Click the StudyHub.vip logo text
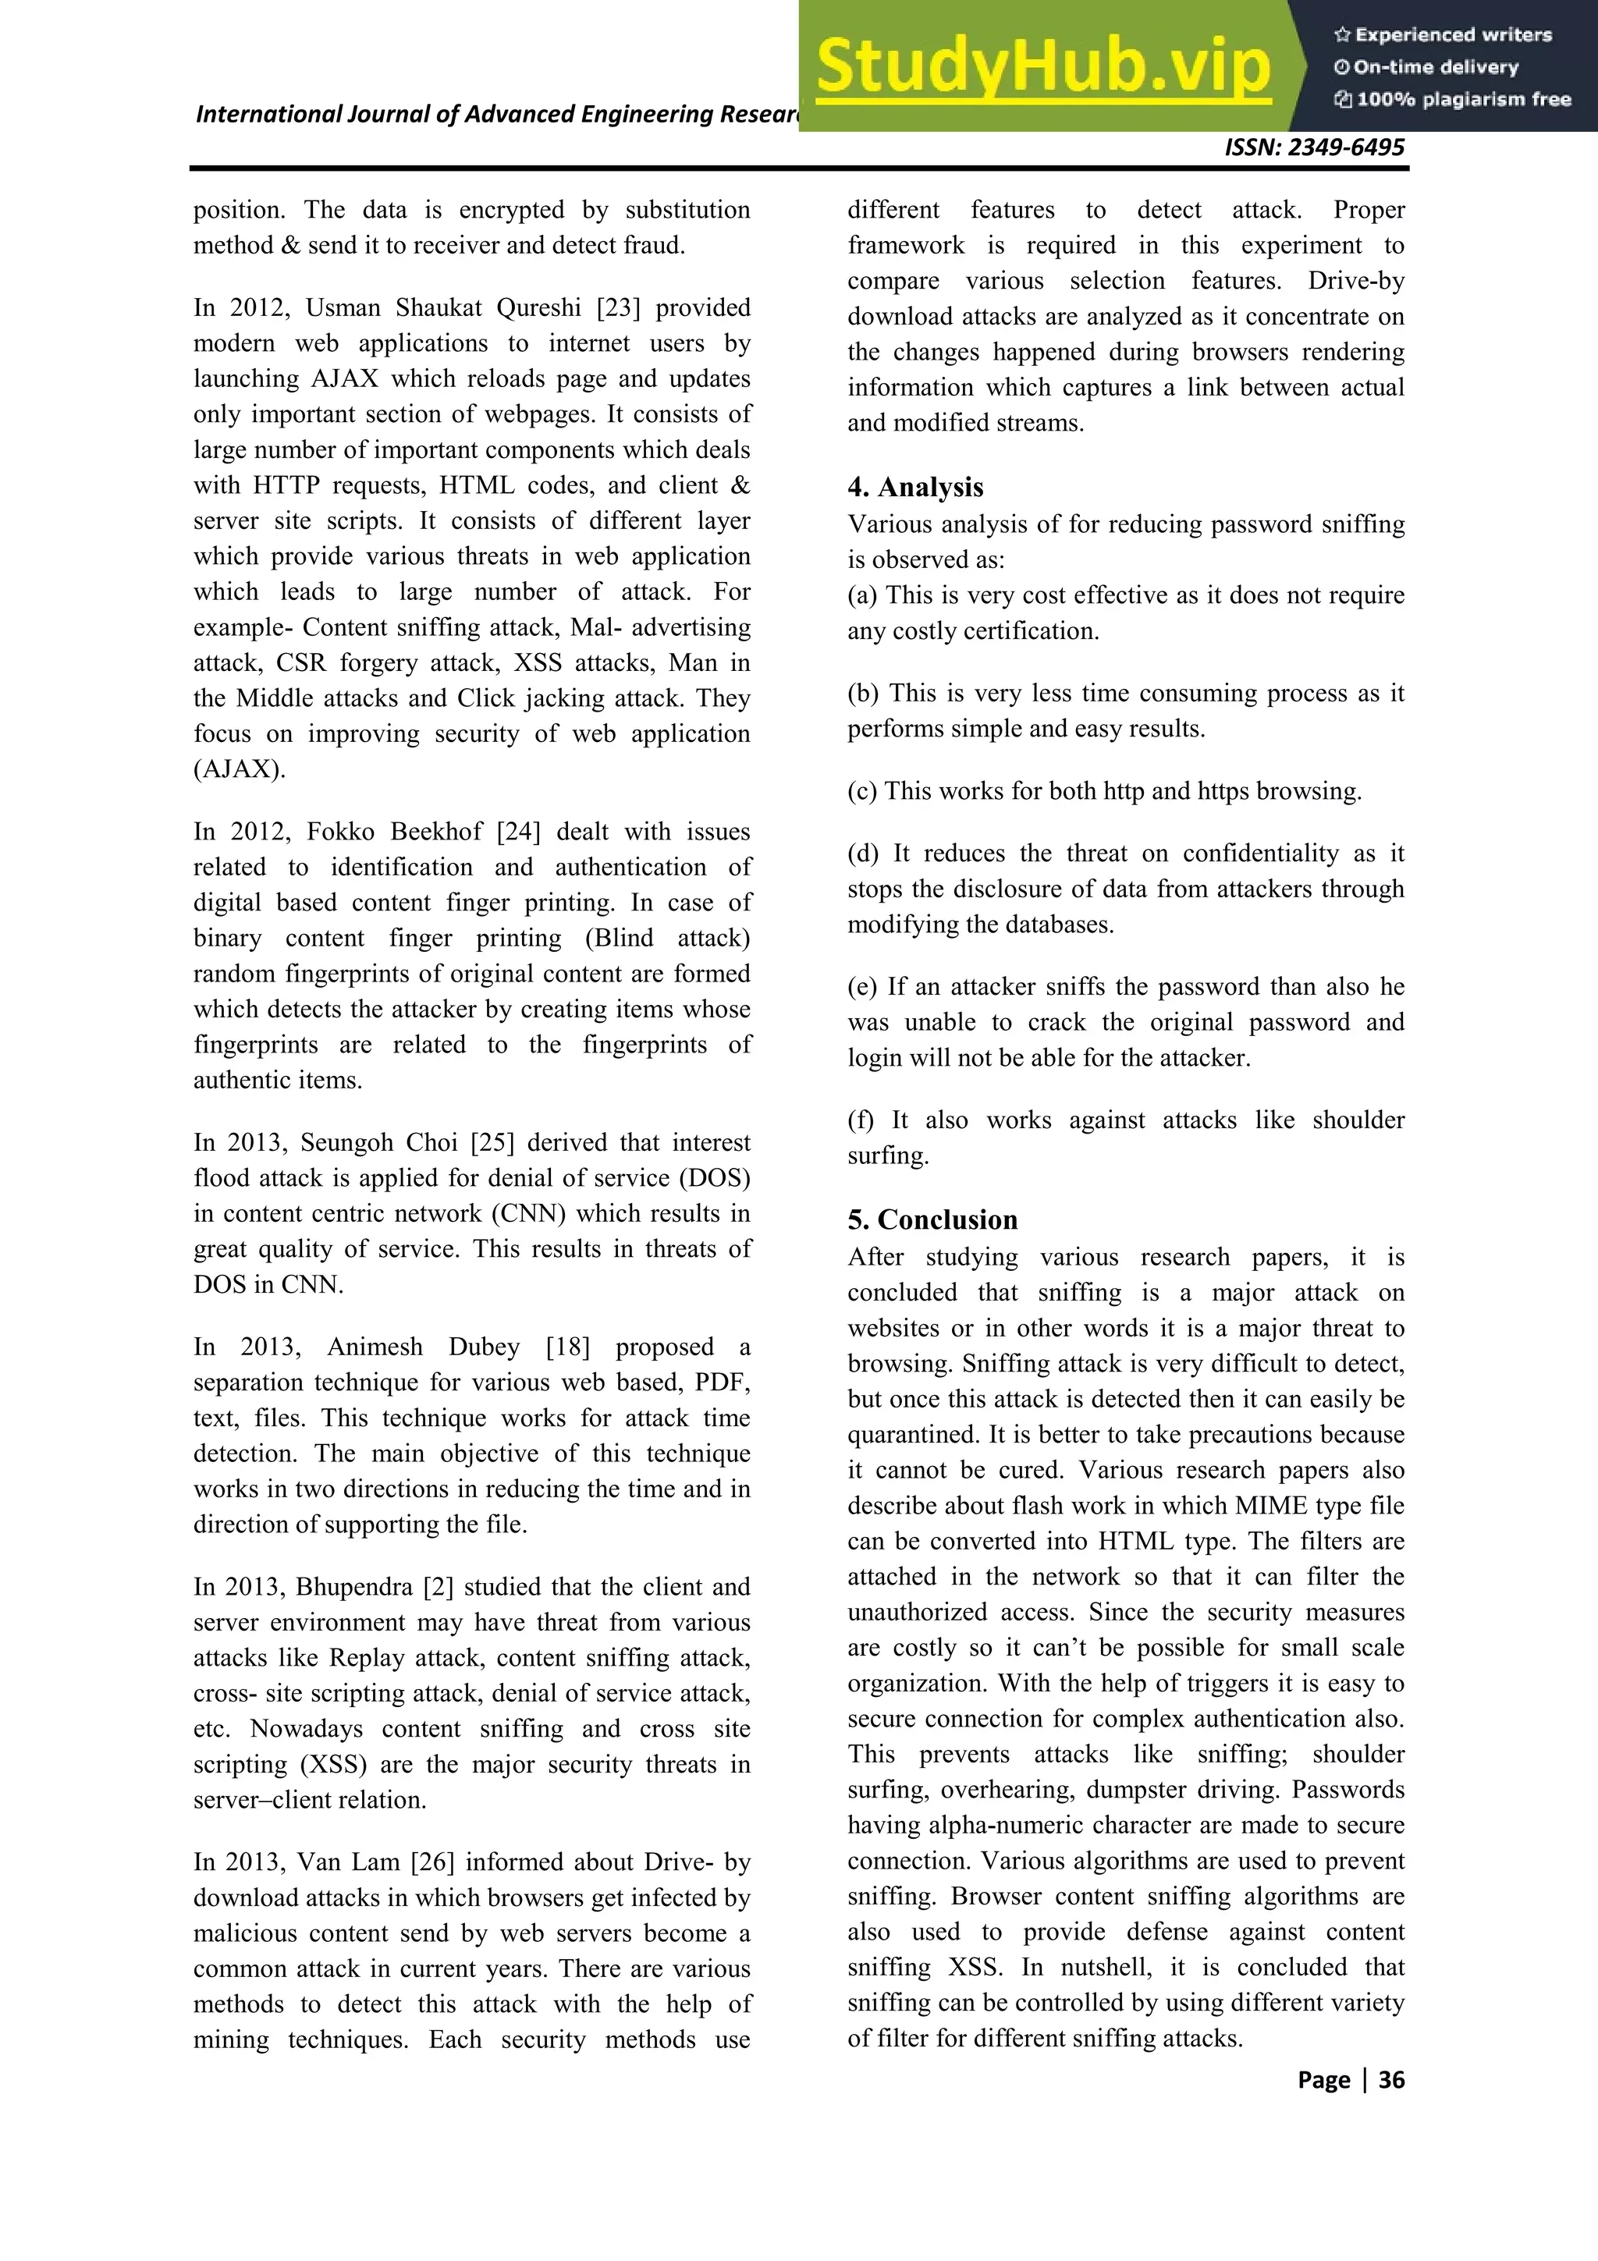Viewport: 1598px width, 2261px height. pos(1044,67)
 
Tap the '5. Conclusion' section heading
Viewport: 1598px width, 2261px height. pos(932,1220)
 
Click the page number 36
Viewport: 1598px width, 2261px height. pos(1390,2080)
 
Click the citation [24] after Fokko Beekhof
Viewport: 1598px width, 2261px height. pos(518,832)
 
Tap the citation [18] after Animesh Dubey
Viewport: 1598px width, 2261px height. pos(568,1347)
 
